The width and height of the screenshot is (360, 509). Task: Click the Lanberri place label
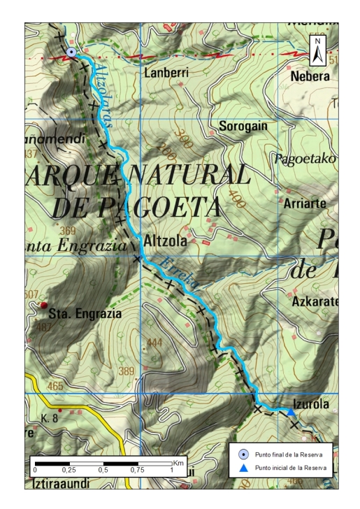[166, 72]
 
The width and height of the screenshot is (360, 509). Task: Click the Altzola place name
[164, 242]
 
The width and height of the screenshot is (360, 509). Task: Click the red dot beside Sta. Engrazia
[43, 306]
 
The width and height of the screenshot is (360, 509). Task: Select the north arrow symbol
[318, 51]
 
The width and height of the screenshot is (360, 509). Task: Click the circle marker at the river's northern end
[71, 52]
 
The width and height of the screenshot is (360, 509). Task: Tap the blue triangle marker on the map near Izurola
[291, 413]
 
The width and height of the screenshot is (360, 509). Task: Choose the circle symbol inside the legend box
[243, 454]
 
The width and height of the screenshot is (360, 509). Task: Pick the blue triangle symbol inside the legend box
[243, 467]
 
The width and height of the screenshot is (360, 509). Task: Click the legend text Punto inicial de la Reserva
[291, 467]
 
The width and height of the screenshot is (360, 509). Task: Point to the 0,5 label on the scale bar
[103, 471]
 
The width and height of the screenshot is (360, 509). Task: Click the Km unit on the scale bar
[178, 463]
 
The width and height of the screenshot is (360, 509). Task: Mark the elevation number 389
[126, 371]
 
